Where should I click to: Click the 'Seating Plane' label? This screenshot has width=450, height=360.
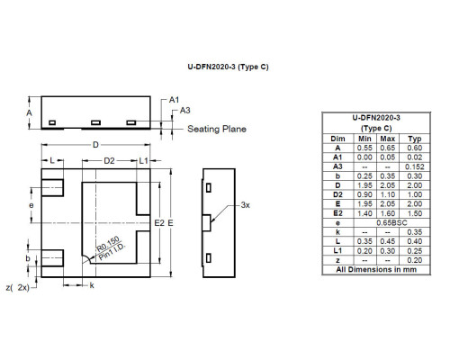pyautogui.click(x=217, y=129)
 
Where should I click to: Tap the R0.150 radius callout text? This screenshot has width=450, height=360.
pyautogui.click(x=108, y=244)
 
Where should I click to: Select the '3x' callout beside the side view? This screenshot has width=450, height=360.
pyautogui.click(x=246, y=205)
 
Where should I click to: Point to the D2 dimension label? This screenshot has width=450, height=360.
pyautogui.click(x=109, y=161)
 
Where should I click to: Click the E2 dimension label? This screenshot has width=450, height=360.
pyautogui.click(x=159, y=223)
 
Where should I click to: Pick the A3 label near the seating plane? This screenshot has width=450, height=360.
pyautogui.click(x=185, y=111)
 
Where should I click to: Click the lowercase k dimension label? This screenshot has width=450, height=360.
pyautogui.click(x=92, y=285)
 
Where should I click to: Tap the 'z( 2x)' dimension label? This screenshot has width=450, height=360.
pyautogui.click(x=18, y=287)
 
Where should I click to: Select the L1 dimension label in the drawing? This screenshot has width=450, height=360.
pyautogui.click(x=144, y=161)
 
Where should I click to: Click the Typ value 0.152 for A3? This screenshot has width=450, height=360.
pyautogui.click(x=415, y=166)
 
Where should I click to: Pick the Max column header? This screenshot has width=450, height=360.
pyautogui.click(x=388, y=139)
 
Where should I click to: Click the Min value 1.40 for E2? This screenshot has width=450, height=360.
pyautogui.click(x=364, y=213)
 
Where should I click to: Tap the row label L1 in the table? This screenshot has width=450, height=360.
pyautogui.click(x=337, y=251)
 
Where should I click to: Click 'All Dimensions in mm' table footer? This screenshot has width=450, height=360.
pyautogui.click(x=376, y=269)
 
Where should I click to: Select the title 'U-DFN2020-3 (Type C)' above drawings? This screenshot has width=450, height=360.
pyautogui.click(x=228, y=67)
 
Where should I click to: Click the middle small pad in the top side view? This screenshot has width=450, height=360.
pyautogui.click(x=95, y=122)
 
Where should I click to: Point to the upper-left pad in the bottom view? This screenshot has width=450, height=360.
pyautogui.click(x=52, y=188)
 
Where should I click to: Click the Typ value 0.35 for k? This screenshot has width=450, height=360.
pyautogui.click(x=415, y=232)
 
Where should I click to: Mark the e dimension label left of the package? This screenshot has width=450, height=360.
pyautogui.click(x=31, y=205)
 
